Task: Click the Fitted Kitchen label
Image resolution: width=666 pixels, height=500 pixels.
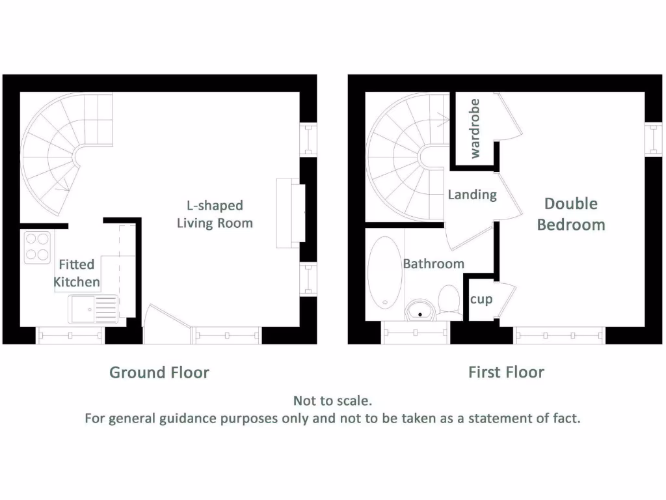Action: click(x=77, y=273)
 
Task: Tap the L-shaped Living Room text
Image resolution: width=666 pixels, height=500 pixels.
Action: click(x=215, y=214)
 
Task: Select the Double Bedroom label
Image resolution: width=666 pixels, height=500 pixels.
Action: click(x=571, y=214)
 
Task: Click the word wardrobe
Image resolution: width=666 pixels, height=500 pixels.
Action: click(x=475, y=128)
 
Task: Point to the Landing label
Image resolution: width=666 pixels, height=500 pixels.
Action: click(x=472, y=195)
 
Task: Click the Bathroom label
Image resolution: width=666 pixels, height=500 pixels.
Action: click(x=433, y=264)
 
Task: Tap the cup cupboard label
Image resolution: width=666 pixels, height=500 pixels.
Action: click(x=481, y=299)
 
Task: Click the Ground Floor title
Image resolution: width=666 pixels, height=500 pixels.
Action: click(x=159, y=372)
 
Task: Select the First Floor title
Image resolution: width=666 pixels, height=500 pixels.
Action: click(x=506, y=372)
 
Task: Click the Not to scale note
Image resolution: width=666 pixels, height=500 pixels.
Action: click(x=332, y=400)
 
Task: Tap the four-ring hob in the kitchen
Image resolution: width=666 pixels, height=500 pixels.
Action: click(x=38, y=247)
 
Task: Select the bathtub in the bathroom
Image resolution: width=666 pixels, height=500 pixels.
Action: click(x=384, y=272)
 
